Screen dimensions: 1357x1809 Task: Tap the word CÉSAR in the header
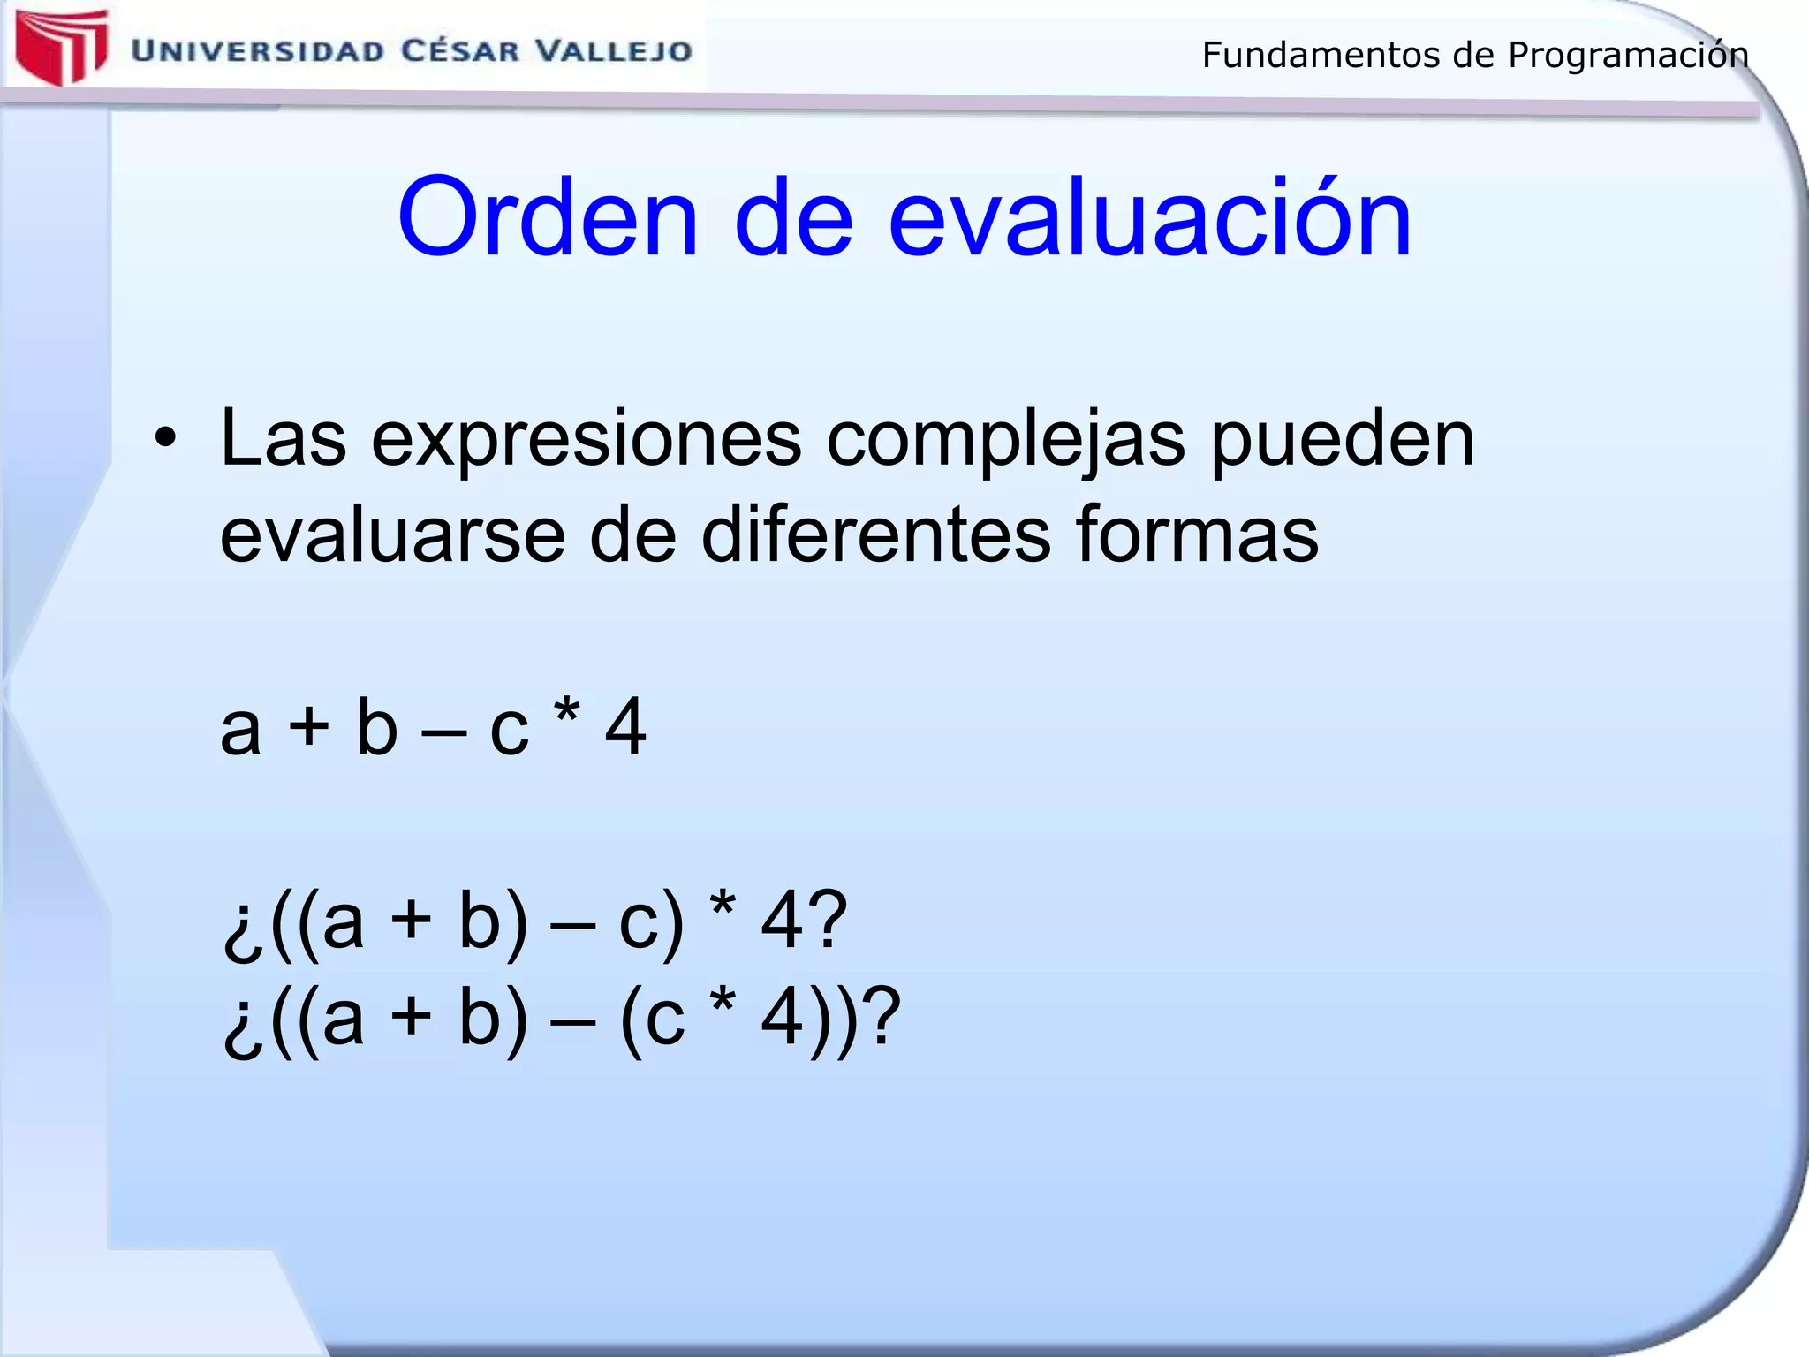pos(460,50)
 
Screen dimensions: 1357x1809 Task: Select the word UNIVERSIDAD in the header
pos(258,51)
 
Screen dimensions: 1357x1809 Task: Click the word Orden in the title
pos(548,218)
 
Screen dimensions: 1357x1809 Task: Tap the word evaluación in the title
pos(1150,218)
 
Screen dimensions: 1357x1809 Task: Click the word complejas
pos(1006,442)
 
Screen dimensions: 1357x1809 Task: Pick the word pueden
pos(1342,442)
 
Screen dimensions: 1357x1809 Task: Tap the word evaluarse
pos(392,535)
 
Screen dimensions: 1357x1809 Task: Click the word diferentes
pos(875,535)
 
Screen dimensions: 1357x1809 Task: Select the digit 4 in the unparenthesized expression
pos(625,726)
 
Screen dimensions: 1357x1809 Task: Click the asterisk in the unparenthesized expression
pos(565,712)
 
